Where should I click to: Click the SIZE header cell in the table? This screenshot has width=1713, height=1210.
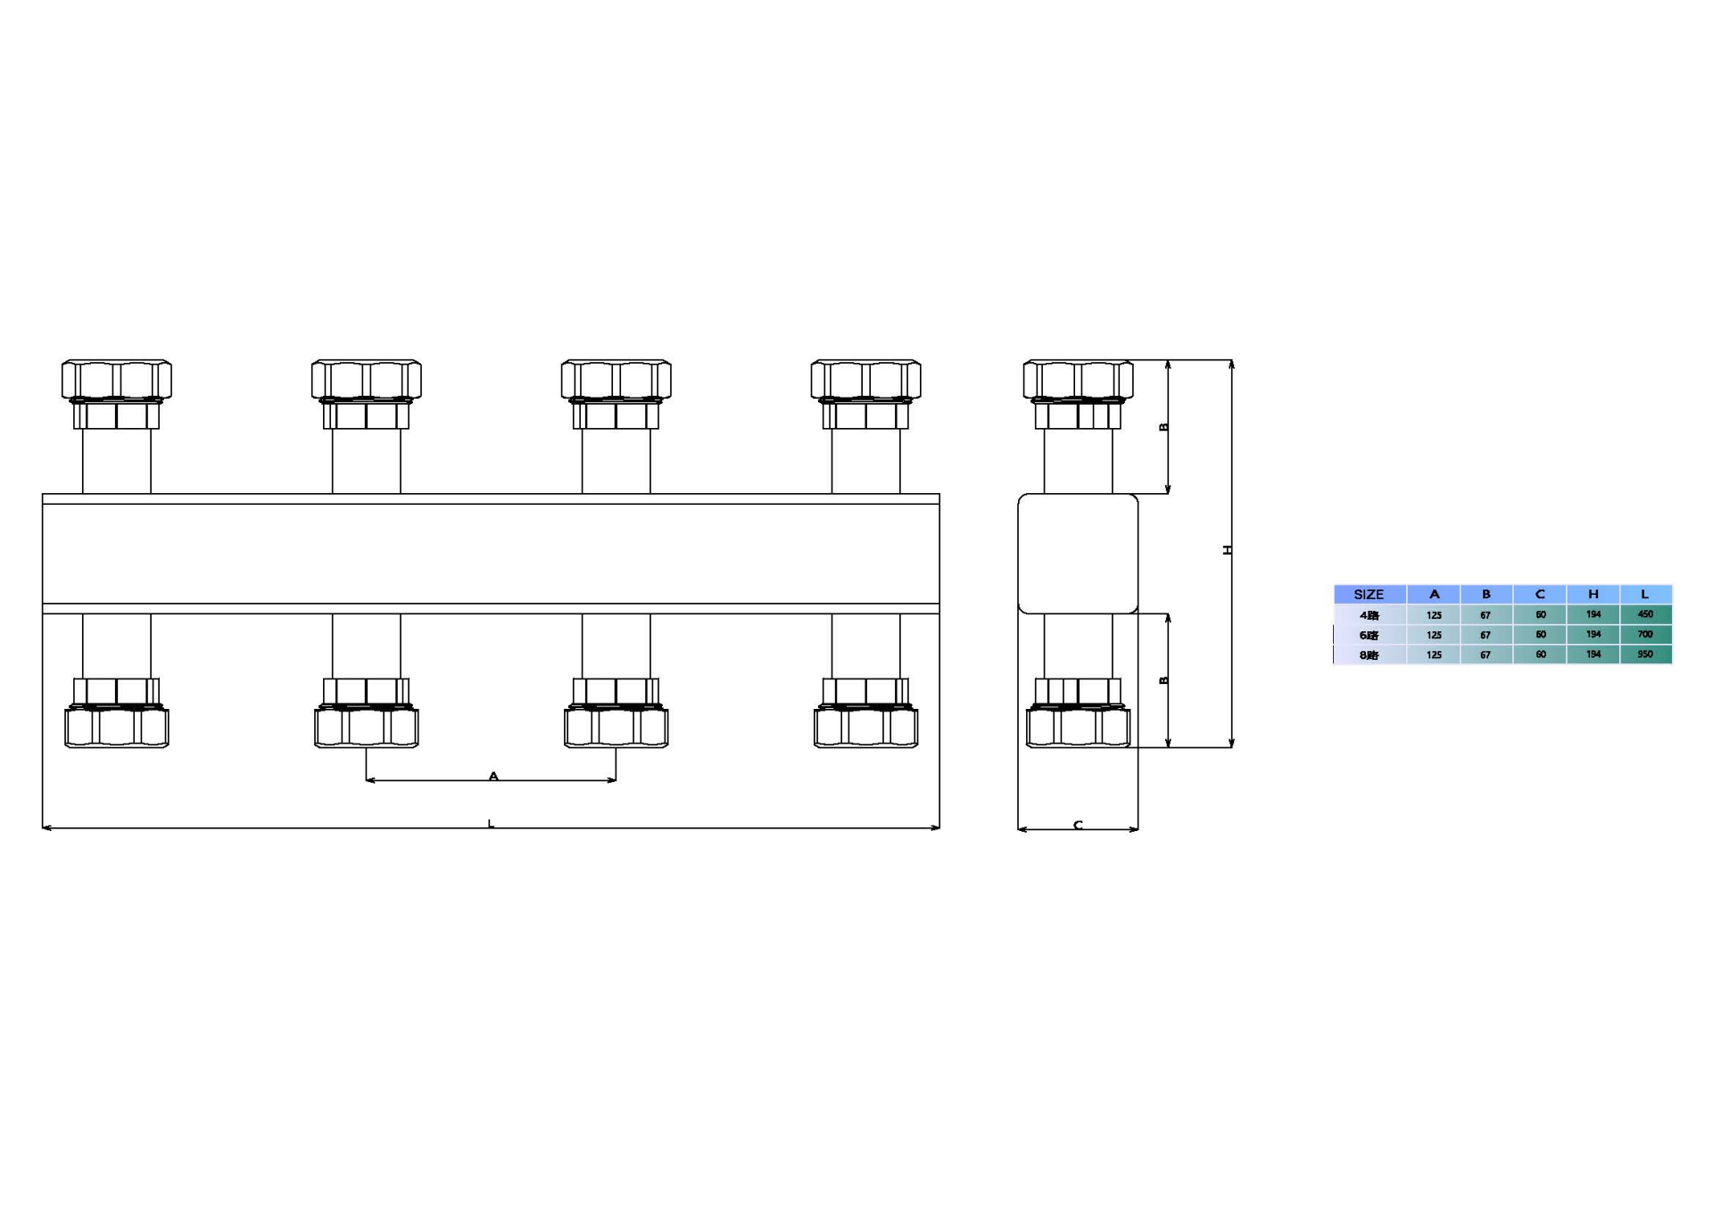point(1369,595)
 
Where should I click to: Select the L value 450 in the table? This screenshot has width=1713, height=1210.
point(1645,614)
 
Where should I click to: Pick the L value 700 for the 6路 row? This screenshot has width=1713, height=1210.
point(1645,635)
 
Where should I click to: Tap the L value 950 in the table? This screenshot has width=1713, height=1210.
point(1645,654)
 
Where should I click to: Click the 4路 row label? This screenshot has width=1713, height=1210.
point(1369,615)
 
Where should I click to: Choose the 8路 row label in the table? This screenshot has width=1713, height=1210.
point(1369,655)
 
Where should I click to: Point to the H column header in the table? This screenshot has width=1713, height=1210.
point(1593,595)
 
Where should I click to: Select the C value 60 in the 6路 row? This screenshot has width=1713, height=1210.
point(1540,635)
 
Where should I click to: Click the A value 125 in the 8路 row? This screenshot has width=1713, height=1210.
point(1434,655)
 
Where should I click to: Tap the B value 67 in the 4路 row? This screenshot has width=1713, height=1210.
point(1485,615)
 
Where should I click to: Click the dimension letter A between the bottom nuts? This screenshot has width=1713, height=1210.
point(493,777)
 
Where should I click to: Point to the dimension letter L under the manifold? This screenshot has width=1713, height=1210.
point(491,824)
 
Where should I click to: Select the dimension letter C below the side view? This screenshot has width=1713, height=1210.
point(1078,826)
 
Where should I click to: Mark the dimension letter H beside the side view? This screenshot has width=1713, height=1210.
point(1228,550)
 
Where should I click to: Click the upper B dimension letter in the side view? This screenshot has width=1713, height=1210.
point(1163,427)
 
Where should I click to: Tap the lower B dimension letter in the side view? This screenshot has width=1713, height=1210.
point(1163,680)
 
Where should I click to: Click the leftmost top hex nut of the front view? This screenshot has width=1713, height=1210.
point(116,380)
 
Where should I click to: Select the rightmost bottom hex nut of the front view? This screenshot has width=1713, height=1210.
point(865,727)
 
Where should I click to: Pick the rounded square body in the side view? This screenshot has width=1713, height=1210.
point(1078,554)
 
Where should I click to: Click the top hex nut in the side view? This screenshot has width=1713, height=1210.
point(1078,380)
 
